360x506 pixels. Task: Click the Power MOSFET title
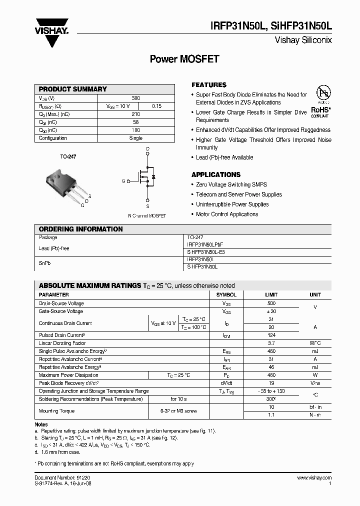tap(184, 59)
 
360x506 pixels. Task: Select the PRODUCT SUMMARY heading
tap(73, 89)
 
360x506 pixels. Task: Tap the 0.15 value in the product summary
tap(157, 106)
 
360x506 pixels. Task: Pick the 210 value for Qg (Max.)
tap(135, 114)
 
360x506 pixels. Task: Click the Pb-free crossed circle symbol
tap(323, 93)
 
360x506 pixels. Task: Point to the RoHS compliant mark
tap(320, 111)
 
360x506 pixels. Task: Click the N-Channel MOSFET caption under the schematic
tap(147, 216)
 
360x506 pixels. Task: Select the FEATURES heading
tap(209, 85)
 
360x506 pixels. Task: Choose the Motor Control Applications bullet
tap(227, 214)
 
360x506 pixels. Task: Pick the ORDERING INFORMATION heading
tap(80, 229)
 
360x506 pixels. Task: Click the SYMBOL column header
tap(226, 295)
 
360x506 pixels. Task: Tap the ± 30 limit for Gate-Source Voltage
tap(271, 311)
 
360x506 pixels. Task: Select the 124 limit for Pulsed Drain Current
tap(271, 335)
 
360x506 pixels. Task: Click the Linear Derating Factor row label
tap(62, 343)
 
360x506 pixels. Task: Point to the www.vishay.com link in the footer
tap(314, 478)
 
